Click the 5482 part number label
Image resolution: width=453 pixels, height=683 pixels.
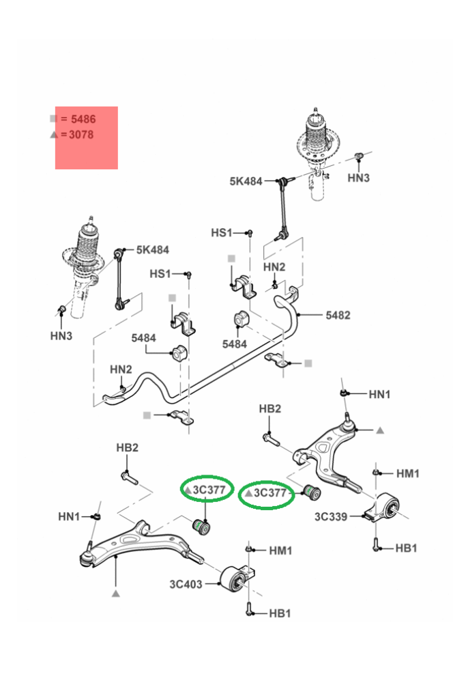(338, 315)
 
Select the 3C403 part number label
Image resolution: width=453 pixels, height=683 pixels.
(184, 584)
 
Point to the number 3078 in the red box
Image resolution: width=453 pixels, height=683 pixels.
(81, 135)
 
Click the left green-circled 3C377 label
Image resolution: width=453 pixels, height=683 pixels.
(207, 490)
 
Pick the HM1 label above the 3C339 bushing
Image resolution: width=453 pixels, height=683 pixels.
(407, 473)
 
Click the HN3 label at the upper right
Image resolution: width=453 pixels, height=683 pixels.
(358, 178)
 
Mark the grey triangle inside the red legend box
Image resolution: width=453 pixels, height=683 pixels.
(54, 135)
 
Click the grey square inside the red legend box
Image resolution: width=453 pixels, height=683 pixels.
(54, 119)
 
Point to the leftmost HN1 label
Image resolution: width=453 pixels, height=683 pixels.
(69, 516)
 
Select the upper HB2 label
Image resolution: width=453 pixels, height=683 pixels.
(270, 408)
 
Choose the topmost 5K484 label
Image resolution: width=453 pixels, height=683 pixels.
(246, 182)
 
